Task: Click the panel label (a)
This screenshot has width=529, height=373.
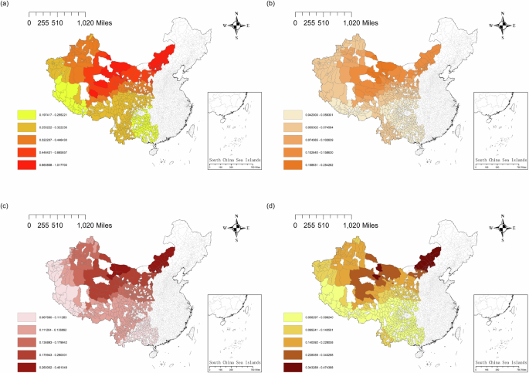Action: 7,5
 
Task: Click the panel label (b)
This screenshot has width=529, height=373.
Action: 271,5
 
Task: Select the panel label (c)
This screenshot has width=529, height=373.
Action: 7,193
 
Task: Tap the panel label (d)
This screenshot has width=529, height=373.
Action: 271,193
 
